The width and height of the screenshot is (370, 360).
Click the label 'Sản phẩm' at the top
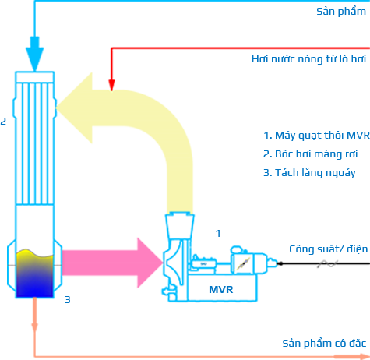click(x=341, y=12)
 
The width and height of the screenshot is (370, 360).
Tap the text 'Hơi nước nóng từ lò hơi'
click(x=308, y=59)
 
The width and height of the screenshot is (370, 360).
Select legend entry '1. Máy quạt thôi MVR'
click(x=316, y=136)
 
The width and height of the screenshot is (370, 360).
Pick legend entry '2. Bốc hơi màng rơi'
click(x=311, y=154)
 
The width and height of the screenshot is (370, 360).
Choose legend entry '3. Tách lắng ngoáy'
click(x=309, y=173)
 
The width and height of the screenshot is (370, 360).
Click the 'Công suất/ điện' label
click(x=329, y=249)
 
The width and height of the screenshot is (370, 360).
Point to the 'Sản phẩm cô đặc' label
click(x=324, y=343)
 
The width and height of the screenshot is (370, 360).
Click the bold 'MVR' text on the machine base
click(x=221, y=290)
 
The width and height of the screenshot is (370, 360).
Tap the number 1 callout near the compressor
click(x=218, y=234)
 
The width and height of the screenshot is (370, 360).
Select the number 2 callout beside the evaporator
click(x=3, y=121)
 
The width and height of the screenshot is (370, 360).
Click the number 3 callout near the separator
click(x=68, y=300)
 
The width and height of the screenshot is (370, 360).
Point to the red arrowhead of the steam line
click(x=111, y=85)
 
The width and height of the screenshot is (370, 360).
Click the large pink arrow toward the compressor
click(x=112, y=263)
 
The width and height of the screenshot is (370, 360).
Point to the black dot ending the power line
click(x=280, y=263)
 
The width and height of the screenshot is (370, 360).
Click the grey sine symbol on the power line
click(x=327, y=264)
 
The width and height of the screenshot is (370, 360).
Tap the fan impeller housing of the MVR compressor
click(x=174, y=263)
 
